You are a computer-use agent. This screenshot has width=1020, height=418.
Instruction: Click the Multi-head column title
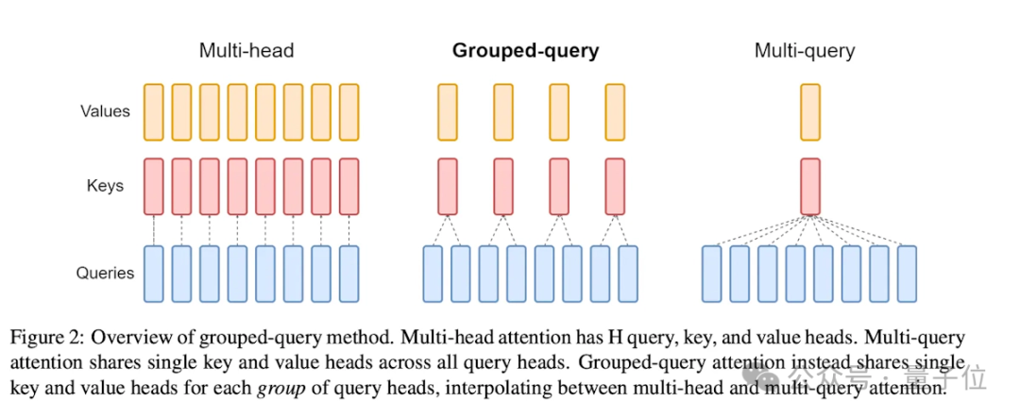[246, 51]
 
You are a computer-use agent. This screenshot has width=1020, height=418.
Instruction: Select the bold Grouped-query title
[525, 51]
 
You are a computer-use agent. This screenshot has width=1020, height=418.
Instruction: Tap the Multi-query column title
[804, 51]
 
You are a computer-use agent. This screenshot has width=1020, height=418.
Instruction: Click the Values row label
[105, 111]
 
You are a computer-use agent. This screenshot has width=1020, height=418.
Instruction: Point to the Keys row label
[105, 186]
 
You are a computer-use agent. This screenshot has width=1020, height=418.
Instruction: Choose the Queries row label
[105, 274]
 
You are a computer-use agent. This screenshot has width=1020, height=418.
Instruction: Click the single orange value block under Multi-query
[810, 111]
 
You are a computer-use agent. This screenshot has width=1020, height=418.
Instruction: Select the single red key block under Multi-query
[810, 186]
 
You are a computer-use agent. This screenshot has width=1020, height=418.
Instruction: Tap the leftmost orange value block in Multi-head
[154, 111]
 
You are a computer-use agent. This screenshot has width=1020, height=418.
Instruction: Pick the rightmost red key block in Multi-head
[349, 186]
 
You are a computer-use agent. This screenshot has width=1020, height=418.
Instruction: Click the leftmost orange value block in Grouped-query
[448, 111]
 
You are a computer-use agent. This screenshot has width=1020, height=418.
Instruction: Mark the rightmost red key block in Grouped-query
[615, 186]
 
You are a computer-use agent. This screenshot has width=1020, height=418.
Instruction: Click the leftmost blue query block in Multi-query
[713, 274]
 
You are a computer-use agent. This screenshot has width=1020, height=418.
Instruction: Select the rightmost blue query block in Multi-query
[908, 274]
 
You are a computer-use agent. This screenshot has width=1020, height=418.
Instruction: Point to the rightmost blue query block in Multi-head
[349, 274]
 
